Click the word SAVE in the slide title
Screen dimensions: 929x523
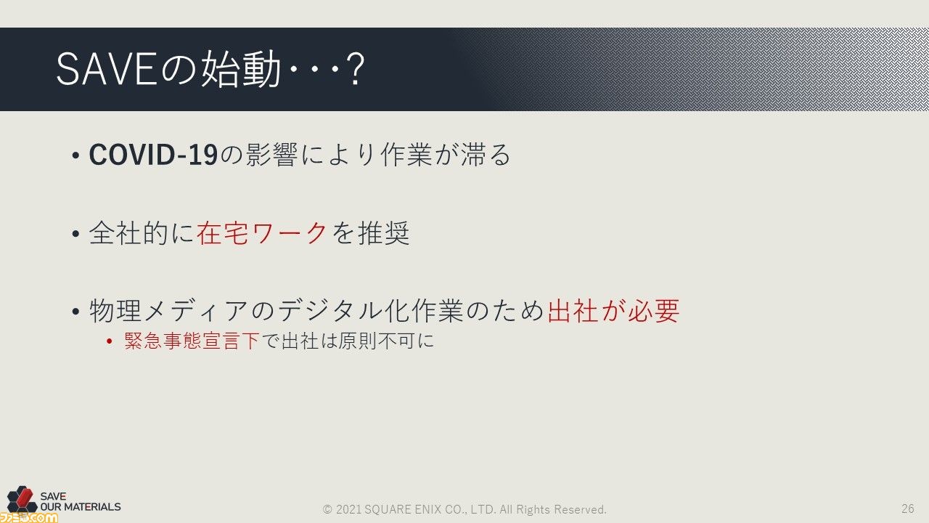point(106,69)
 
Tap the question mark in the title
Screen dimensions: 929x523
point(356,69)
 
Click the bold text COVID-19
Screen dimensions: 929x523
point(153,155)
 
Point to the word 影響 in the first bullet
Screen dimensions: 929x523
point(271,155)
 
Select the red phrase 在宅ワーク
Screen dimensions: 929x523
point(262,233)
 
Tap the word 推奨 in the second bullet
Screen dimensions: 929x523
point(384,233)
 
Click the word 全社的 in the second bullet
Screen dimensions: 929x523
point(128,233)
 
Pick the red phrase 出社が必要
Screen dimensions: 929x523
point(613,310)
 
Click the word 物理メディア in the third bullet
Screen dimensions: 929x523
point(168,310)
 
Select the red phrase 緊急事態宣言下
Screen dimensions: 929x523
point(192,341)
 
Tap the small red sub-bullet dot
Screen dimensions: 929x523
point(110,341)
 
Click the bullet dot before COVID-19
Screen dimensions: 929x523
point(75,155)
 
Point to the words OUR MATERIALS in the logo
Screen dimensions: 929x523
point(81,507)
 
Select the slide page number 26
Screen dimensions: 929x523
point(908,508)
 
